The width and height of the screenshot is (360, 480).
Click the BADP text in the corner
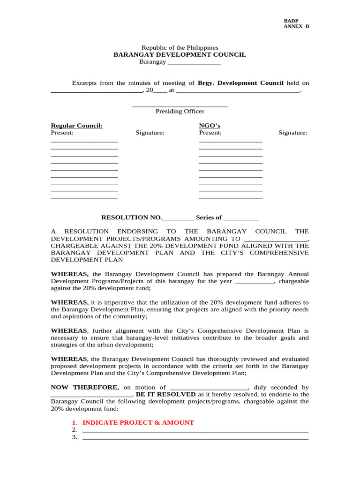pyautogui.click(x=291, y=21)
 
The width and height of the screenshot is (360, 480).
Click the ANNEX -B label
pyautogui.click(x=296, y=26)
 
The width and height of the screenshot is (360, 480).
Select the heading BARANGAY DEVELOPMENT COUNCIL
pyautogui.click(x=180, y=54)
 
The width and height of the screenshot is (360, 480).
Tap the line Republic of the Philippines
pyautogui.click(x=180, y=47)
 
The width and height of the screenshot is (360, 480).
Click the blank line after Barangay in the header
pyautogui.click(x=194, y=62)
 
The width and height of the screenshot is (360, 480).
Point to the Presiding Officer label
pyautogui.click(x=180, y=111)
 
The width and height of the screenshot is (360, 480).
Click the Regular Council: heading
pyautogui.click(x=76, y=126)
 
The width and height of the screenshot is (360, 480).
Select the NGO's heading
pyautogui.click(x=210, y=126)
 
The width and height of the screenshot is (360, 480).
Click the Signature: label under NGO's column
pyautogui.click(x=293, y=133)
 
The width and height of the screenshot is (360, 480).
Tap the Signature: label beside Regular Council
pyautogui.click(x=150, y=133)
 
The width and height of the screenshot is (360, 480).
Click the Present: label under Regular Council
pyautogui.click(x=62, y=133)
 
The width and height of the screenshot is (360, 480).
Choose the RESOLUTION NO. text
pyautogui.click(x=132, y=217)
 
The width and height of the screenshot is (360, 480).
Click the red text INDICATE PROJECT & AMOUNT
pyautogui.click(x=138, y=422)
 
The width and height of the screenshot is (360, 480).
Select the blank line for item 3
pyautogui.click(x=195, y=438)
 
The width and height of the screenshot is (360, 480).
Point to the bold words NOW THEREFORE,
pyautogui.click(x=85, y=387)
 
